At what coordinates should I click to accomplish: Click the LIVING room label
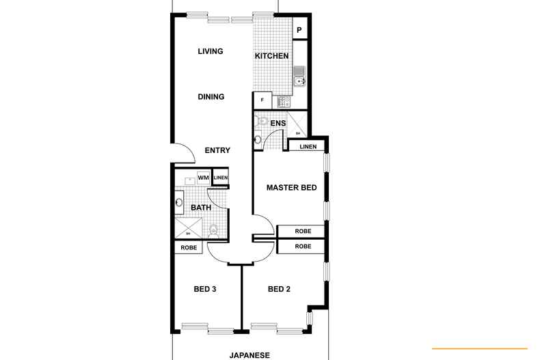[210, 51]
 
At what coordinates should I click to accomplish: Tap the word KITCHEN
[271, 56]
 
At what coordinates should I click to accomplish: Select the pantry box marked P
[299, 30]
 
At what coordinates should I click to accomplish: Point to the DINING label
[211, 97]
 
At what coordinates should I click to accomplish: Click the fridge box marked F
[262, 100]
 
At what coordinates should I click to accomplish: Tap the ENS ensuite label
[278, 124]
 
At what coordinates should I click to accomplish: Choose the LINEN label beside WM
[220, 178]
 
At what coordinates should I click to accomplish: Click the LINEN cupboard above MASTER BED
[308, 146]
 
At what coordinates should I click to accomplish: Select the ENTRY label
[217, 151]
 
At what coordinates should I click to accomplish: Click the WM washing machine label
[203, 178]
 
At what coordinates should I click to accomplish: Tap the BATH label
[201, 208]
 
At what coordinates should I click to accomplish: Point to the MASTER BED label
[291, 187]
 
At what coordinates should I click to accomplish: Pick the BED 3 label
[205, 289]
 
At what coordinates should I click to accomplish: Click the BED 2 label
[279, 289]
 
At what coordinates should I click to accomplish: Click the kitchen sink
[299, 83]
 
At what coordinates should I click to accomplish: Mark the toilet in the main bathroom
[214, 230]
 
